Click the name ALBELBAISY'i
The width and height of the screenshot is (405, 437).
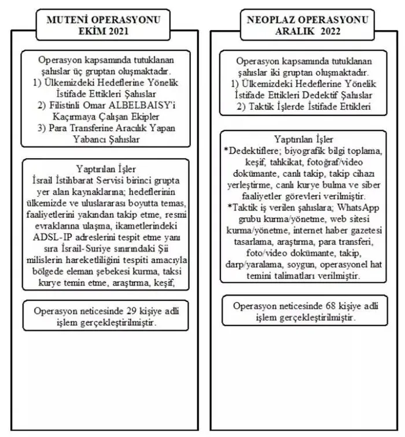pyautogui.click(x=143, y=104)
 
